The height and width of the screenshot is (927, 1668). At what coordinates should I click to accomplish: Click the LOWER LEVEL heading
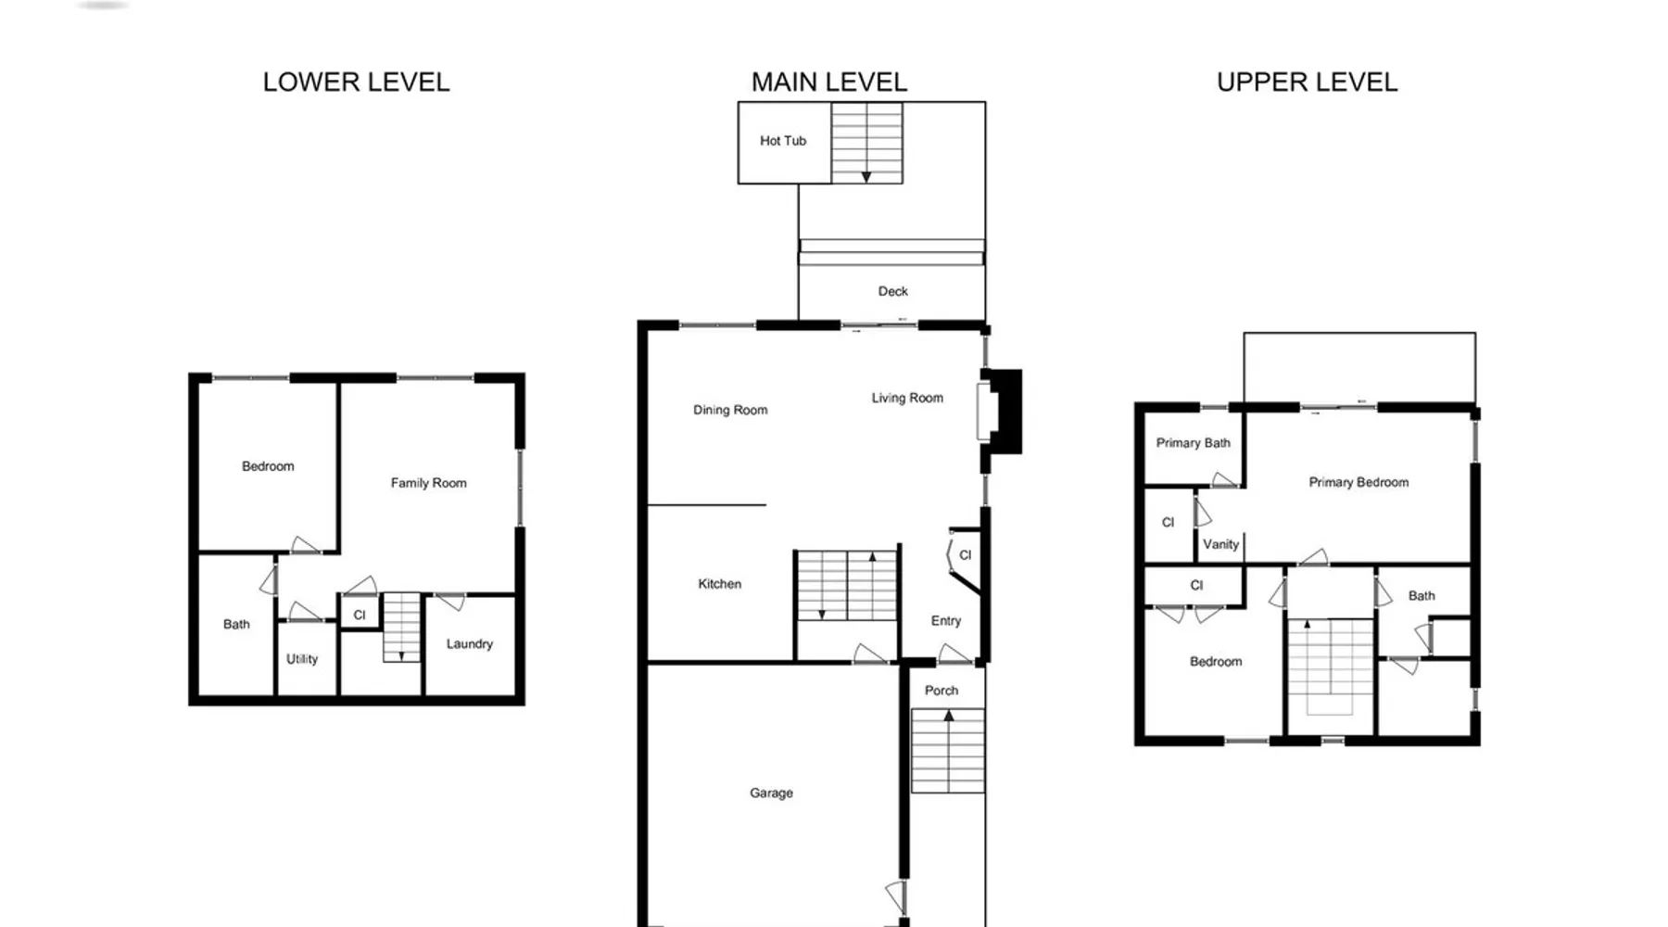(357, 83)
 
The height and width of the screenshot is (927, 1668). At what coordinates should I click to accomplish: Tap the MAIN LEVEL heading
(829, 83)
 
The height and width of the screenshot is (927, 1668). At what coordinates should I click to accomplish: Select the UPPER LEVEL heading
(1307, 83)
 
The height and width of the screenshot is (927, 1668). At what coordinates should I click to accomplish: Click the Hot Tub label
(783, 141)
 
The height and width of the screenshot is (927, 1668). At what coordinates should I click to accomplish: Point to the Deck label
(893, 291)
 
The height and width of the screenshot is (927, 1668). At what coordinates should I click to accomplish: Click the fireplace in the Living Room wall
(1001, 412)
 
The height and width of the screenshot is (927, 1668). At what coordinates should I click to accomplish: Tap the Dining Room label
(730, 410)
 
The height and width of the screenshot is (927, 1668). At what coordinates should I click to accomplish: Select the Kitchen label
(720, 584)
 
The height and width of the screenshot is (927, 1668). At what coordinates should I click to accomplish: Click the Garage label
(771, 794)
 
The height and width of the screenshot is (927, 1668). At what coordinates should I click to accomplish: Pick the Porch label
(941, 691)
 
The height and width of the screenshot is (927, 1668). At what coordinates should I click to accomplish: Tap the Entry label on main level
(946, 621)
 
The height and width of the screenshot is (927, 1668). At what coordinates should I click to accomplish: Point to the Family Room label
(428, 483)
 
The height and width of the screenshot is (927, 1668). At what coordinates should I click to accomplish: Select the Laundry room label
(470, 644)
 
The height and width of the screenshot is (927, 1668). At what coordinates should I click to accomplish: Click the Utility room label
(302, 659)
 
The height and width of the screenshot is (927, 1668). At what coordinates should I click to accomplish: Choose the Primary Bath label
(1194, 443)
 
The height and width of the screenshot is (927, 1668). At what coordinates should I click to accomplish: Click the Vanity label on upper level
(1220, 545)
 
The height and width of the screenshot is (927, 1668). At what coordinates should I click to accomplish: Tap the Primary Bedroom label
(1358, 482)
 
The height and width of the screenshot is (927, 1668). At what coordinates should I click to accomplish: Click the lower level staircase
(401, 628)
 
